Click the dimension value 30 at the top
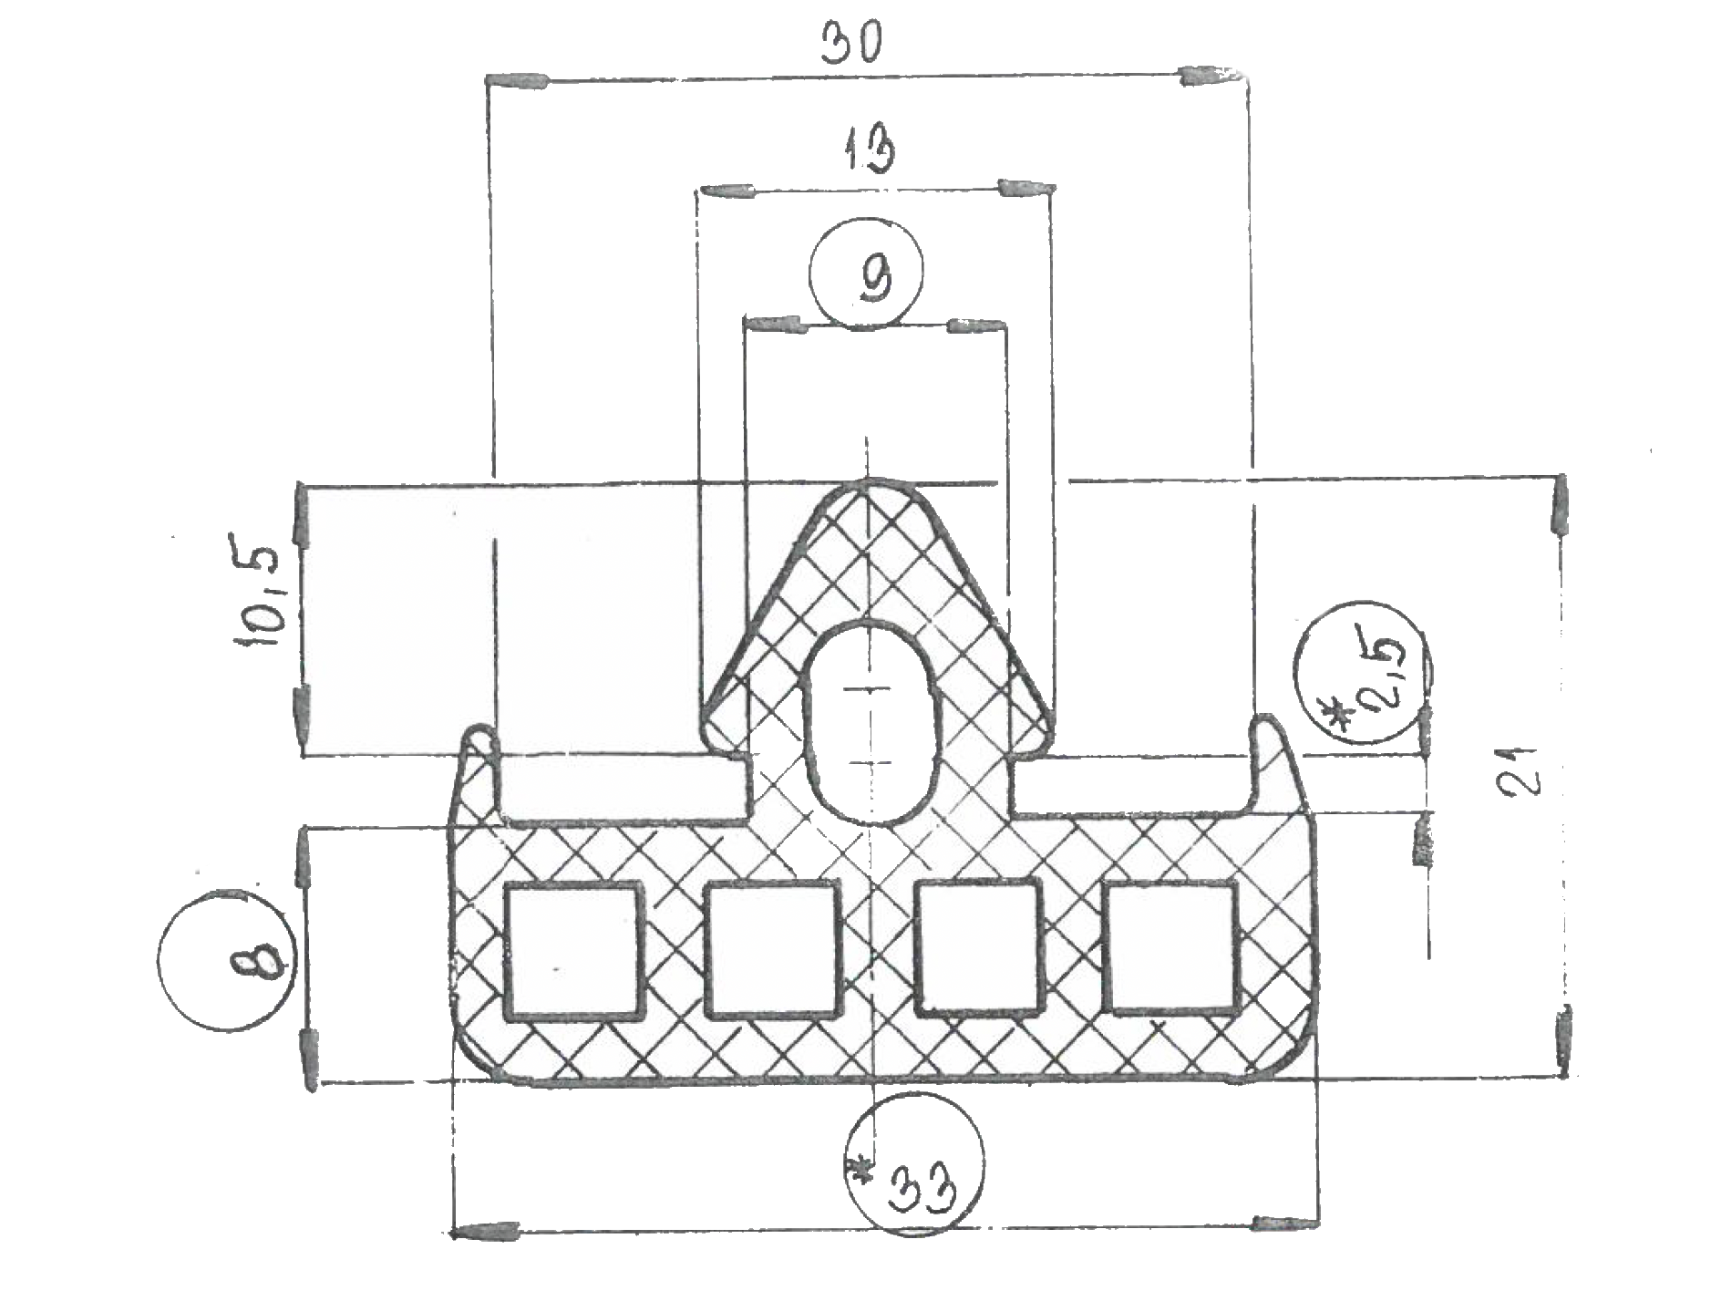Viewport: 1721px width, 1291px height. coord(851,43)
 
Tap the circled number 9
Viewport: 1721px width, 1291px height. coord(867,272)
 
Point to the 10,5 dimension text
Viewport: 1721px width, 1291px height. coord(263,598)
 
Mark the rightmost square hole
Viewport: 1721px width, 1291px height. coord(1172,948)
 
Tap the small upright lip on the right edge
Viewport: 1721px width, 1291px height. coord(1273,761)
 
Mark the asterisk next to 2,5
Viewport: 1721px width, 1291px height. coord(1340,712)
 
